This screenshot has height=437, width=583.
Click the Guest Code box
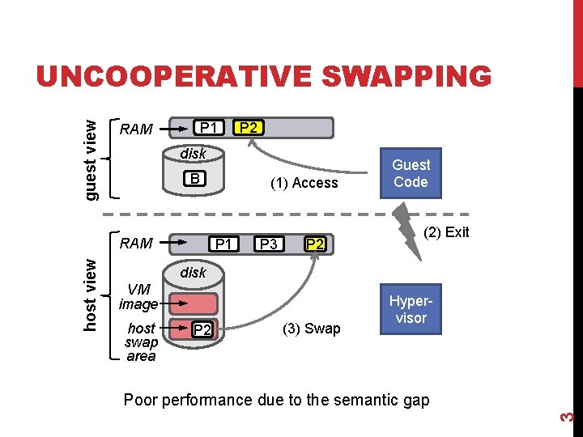pyautogui.click(x=411, y=174)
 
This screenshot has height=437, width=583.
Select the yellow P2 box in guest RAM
pyautogui.click(x=249, y=128)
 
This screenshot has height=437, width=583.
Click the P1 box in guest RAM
pyautogui.click(x=208, y=128)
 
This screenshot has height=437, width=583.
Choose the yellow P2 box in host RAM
pyautogui.click(x=315, y=244)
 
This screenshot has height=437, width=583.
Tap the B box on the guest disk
pyautogui.click(x=193, y=179)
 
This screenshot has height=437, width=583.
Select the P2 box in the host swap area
pyautogui.click(x=202, y=329)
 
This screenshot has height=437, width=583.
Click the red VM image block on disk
pyautogui.click(x=194, y=304)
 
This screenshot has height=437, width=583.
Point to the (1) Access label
pyautogui.click(x=304, y=183)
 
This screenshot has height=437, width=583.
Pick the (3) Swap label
pyautogui.click(x=311, y=329)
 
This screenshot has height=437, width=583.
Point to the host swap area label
pyautogui.click(x=141, y=342)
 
